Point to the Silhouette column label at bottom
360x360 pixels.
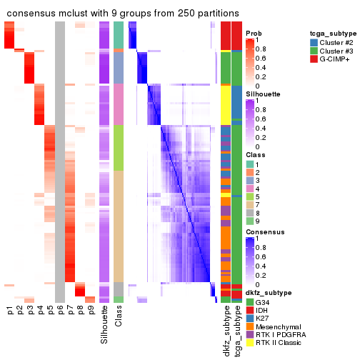click(105, 321)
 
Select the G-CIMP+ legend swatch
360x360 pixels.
click(314, 61)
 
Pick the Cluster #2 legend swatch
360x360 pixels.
click(314, 42)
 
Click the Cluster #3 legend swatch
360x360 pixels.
click(314, 51)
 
